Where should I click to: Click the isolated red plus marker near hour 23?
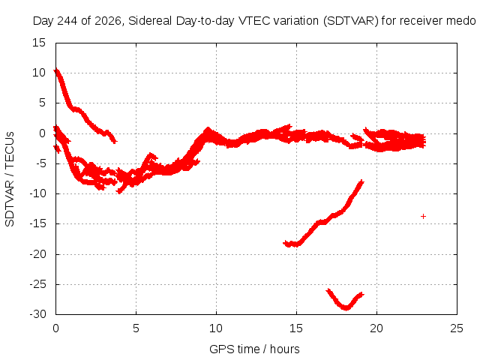click(423, 217)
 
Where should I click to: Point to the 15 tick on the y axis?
click(39, 43)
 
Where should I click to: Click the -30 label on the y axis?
click(37, 314)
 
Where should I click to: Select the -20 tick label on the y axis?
click(37, 254)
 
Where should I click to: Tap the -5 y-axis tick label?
click(40, 163)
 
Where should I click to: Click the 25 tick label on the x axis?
click(457, 328)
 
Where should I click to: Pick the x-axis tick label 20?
click(376, 328)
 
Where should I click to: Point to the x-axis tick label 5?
click(136, 328)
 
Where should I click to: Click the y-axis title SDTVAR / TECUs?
click(10, 179)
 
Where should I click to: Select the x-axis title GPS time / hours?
click(254, 349)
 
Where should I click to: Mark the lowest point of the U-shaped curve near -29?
click(346, 308)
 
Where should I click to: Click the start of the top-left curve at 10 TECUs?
click(56, 71)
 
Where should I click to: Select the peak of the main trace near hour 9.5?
click(208, 129)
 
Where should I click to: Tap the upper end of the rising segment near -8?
click(361, 181)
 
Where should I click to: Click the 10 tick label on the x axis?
click(216, 328)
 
